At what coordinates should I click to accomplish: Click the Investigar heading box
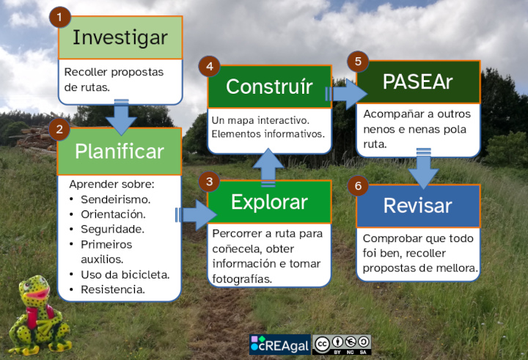[x=120, y=37]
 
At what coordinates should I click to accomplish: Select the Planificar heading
[x=120, y=151]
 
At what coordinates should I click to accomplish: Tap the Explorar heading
[x=269, y=202]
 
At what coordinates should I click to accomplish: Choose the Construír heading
[x=269, y=87]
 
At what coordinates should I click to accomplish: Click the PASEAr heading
[x=417, y=81]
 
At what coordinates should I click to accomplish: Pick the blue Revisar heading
[x=417, y=205]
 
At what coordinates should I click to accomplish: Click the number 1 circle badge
[x=60, y=17]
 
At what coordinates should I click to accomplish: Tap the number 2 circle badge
[x=59, y=130]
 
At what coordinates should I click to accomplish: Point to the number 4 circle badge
[x=210, y=67]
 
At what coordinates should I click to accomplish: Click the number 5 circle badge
[x=358, y=62]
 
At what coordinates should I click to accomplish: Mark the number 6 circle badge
[x=359, y=186]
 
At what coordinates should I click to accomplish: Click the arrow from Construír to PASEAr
[x=345, y=93]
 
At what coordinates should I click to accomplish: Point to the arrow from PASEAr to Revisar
[x=422, y=169]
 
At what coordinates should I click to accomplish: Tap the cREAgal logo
[x=279, y=345]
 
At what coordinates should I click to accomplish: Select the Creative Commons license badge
[x=341, y=345]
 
